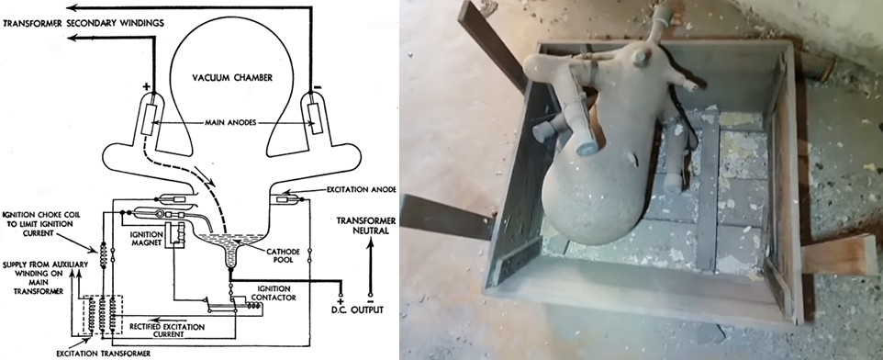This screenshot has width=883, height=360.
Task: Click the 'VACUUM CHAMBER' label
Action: coord(231,78)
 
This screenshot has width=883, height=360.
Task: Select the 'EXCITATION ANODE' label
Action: coord(362,189)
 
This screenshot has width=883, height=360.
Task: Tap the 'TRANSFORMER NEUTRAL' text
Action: coord(366,225)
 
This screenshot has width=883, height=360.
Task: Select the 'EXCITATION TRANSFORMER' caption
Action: coord(104,354)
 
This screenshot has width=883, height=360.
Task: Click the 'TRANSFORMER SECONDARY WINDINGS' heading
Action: coord(84,23)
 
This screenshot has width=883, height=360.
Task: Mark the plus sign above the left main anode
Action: coord(147,86)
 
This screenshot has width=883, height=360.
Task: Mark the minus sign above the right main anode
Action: coord(317,86)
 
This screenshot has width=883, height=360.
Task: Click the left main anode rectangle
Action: coord(148,119)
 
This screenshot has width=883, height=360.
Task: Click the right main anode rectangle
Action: coord(313,119)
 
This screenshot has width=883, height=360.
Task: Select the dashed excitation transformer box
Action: coord(103,315)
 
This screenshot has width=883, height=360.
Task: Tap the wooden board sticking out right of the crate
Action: coord(839,255)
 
